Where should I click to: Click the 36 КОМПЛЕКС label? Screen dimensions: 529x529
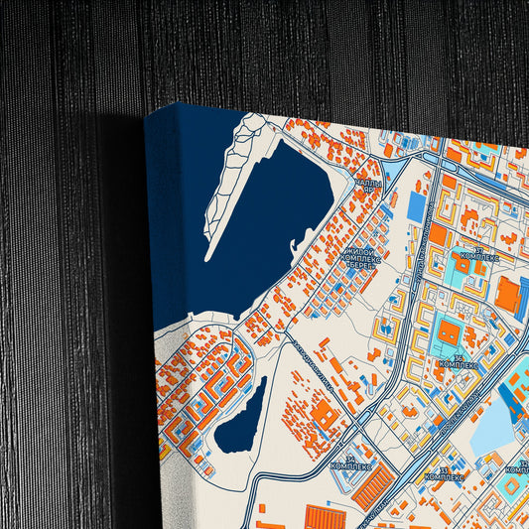pyautogui.click(x=458, y=362)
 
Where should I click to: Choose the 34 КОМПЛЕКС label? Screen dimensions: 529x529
pyautogui.click(x=350, y=462)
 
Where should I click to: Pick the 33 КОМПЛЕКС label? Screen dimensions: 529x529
pyautogui.click(x=444, y=473)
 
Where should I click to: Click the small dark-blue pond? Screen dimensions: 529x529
pyautogui.click(x=241, y=417)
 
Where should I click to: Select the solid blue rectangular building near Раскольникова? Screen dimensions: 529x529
pyautogui.click(x=417, y=206)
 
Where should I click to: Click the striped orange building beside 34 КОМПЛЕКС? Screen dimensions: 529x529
pyautogui.click(x=374, y=485)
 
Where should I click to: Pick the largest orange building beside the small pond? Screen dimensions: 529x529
pyautogui.click(x=325, y=418)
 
